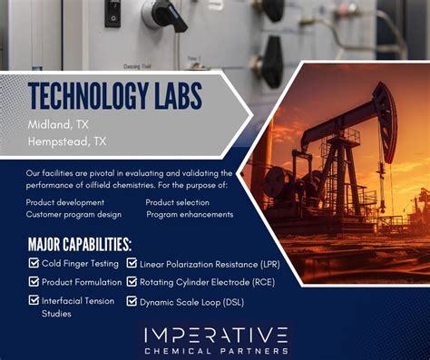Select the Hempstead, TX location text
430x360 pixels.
tap(67, 141)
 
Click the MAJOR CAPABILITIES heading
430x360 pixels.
tap(80, 244)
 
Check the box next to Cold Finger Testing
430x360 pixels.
tap(34, 264)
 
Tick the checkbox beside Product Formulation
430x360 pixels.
tap(34, 282)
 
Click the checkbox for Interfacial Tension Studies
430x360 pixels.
tap(34, 300)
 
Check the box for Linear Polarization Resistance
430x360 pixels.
tap(132, 264)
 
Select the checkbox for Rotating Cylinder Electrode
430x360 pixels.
tap(132, 282)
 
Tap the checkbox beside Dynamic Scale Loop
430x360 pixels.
tap(132, 300)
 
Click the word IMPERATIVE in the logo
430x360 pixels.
tap(216, 335)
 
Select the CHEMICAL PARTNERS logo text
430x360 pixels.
tap(216, 350)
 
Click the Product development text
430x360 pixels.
tap(64, 202)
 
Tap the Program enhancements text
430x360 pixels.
tap(190, 214)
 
